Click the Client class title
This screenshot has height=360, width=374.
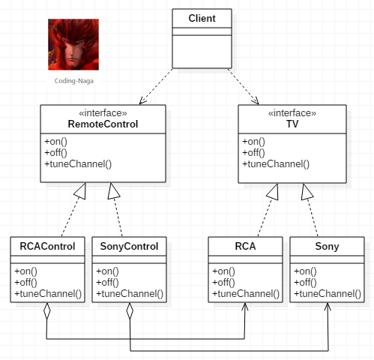click(202, 18)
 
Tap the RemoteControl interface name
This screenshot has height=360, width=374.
click(103, 124)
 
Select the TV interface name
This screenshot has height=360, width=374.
click(292, 124)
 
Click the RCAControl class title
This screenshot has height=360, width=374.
click(47, 246)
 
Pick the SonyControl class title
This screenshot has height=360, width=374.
click(129, 247)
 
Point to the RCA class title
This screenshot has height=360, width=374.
click(245, 246)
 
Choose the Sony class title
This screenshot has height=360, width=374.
click(327, 247)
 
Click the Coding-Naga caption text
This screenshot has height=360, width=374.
click(74, 81)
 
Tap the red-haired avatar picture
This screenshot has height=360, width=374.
click(73, 44)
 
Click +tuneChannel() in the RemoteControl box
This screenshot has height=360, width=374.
click(78, 164)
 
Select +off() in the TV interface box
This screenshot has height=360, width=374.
click(253, 152)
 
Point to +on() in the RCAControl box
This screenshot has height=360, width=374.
click(25, 271)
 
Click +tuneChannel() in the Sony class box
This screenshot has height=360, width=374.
click(328, 293)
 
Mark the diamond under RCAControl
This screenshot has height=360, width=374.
click(46, 311)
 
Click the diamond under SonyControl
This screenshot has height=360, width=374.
click(130, 311)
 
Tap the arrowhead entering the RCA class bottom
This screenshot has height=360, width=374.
click(245, 307)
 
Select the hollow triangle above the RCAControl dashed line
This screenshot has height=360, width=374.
click(80, 191)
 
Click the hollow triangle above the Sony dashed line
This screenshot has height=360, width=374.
click(307, 192)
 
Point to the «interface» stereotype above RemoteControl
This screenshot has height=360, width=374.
click(103, 113)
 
